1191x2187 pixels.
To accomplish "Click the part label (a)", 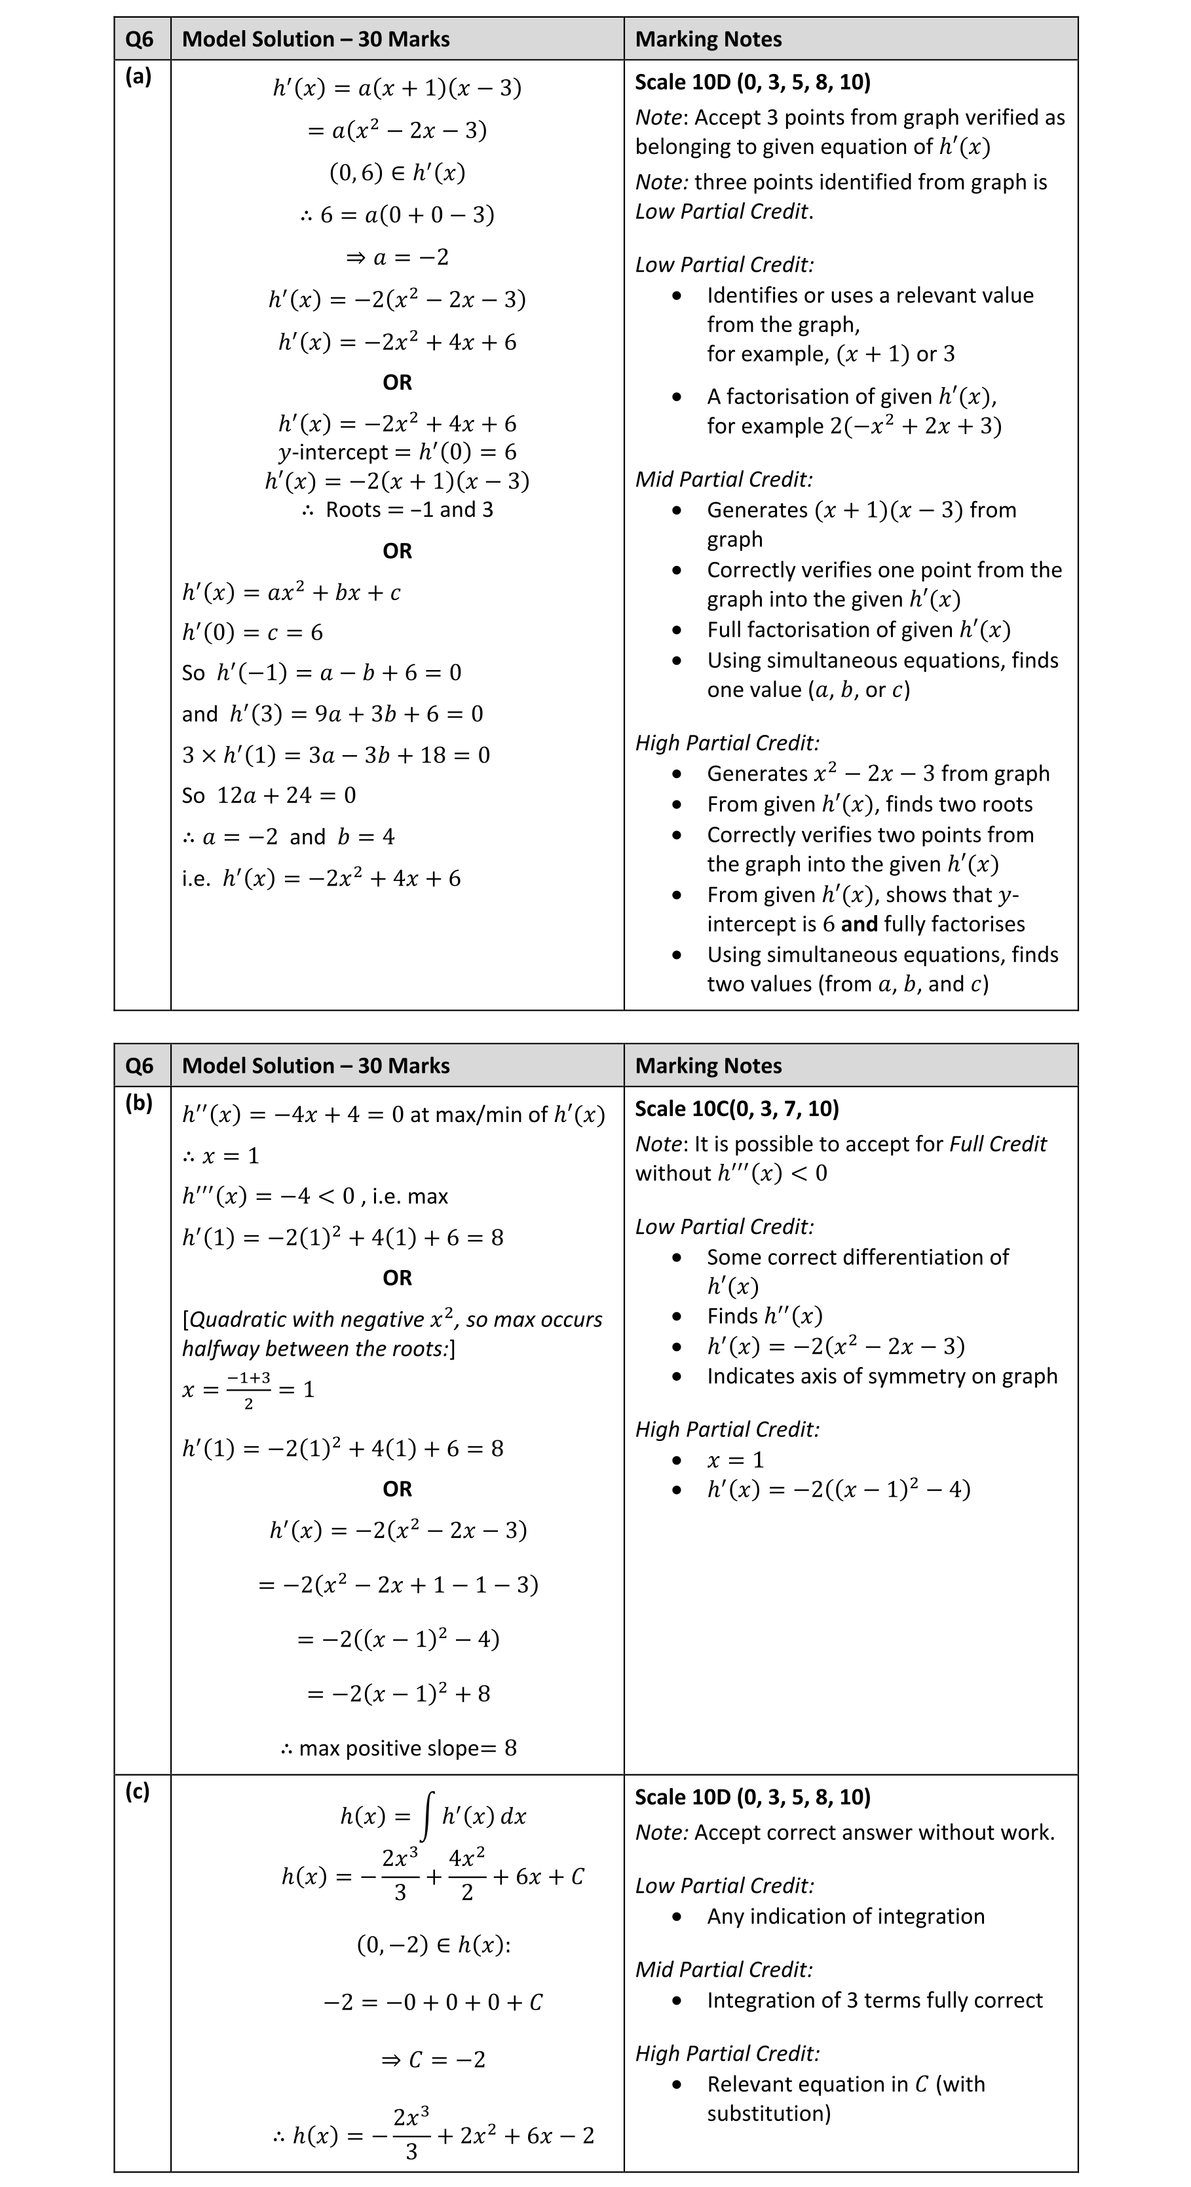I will pyautogui.click(x=138, y=77).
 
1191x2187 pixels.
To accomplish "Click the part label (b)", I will pyautogui.click(x=138, y=1103).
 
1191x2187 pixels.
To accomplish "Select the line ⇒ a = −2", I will pyautogui.click(x=397, y=256).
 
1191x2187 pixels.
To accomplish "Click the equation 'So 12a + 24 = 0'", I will pyautogui.click(x=269, y=796).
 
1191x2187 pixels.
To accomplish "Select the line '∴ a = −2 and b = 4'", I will pyautogui.click(x=289, y=837).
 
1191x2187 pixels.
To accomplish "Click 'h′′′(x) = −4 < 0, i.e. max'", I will pyautogui.click(x=315, y=1196).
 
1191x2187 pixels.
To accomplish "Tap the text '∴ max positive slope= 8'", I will pyautogui.click(x=398, y=1748).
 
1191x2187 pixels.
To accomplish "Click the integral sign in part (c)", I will pyautogui.click(x=428, y=1817).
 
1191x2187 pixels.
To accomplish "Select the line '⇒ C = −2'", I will pyautogui.click(x=433, y=2060).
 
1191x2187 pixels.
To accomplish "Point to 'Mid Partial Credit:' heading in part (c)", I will pyautogui.click(x=723, y=1970).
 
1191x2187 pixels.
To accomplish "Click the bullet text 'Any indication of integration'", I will pyautogui.click(x=846, y=1916).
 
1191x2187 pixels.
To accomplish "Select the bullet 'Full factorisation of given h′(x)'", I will pyautogui.click(x=858, y=630).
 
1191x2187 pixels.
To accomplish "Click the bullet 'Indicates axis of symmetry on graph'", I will pyautogui.click(x=882, y=1376).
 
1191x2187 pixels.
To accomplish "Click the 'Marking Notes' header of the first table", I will pyautogui.click(x=708, y=39).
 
